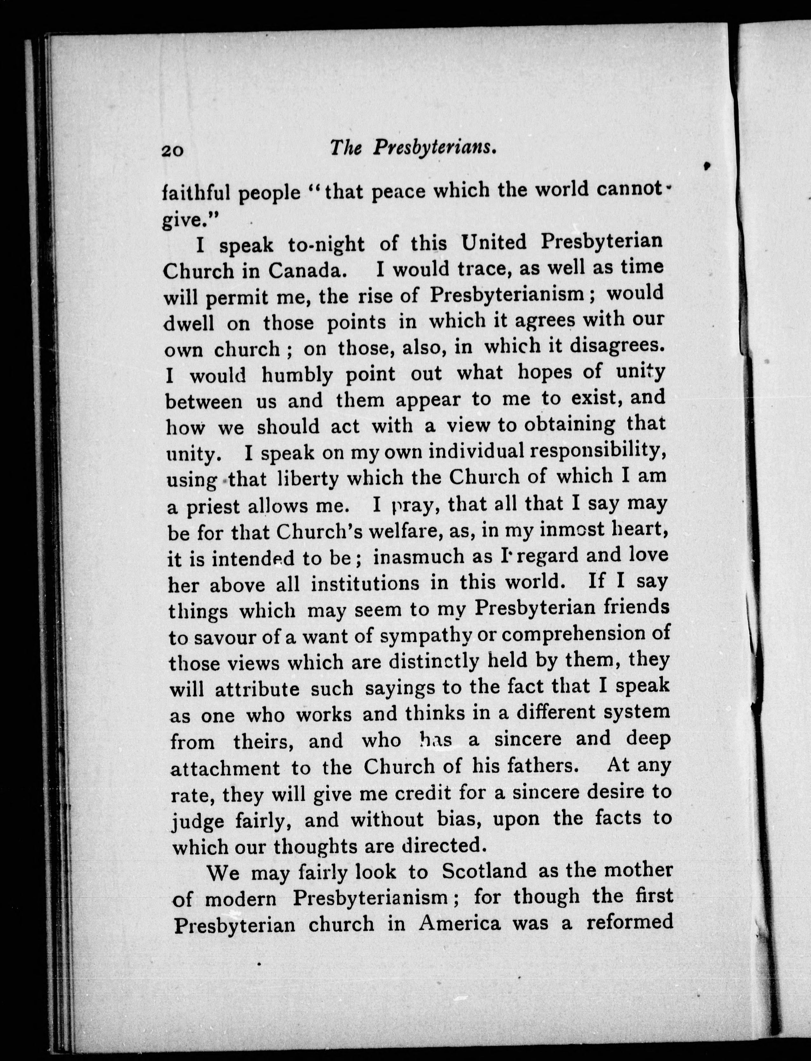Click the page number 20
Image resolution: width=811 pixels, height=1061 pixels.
click(x=172, y=150)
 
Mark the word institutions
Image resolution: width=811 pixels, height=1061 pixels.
click(x=365, y=584)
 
